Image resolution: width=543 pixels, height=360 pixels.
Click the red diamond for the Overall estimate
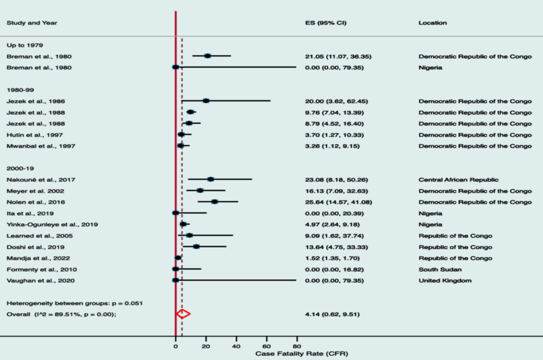(x=183, y=314)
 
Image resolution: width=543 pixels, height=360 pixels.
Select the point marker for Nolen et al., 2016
(x=214, y=201)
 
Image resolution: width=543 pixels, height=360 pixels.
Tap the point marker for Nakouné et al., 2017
(x=211, y=179)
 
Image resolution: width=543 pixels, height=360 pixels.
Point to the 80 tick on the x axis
(x=296, y=346)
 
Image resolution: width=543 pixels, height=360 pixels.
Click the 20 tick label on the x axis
(x=206, y=346)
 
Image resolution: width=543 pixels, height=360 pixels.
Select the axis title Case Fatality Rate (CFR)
(x=302, y=353)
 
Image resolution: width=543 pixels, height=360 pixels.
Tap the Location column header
(x=432, y=23)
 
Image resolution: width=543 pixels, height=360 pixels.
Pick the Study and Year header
(x=32, y=23)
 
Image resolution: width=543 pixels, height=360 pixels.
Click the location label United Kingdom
(x=445, y=280)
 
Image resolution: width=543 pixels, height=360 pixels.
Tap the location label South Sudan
(x=438, y=269)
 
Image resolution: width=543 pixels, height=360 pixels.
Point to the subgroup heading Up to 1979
(x=23, y=45)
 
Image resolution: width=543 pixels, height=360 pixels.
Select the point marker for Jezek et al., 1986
(x=206, y=101)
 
